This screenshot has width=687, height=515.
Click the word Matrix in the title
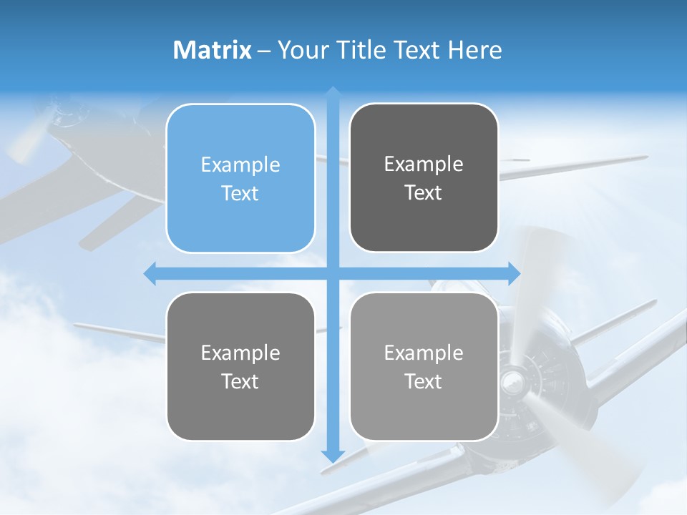[x=213, y=50]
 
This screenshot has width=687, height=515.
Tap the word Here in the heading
[x=474, y=50]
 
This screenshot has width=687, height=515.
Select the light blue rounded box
[x=240, y=178]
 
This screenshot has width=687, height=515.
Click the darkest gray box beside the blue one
[x=424, y=178]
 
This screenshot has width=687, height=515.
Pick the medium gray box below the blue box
[x=240, y=366]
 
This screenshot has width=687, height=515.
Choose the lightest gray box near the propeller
[x=424, y=366]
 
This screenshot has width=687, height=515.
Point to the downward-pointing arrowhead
[x=333, y=456]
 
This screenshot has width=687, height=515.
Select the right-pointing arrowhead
[x=515, y=273]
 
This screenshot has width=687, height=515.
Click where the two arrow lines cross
[x=333, y=273]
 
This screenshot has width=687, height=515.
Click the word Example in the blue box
[x=240, y=165]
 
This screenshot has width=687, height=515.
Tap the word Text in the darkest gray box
[x=424, y=192]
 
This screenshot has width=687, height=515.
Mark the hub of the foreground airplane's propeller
[x=512, y=379]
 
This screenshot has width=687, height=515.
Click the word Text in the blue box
[x=240, y=193]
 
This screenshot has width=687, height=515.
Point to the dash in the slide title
[x=264, y=51]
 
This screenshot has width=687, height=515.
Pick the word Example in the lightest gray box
[x=424, y=353]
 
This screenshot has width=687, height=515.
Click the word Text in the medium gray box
[x=240, y=381]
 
